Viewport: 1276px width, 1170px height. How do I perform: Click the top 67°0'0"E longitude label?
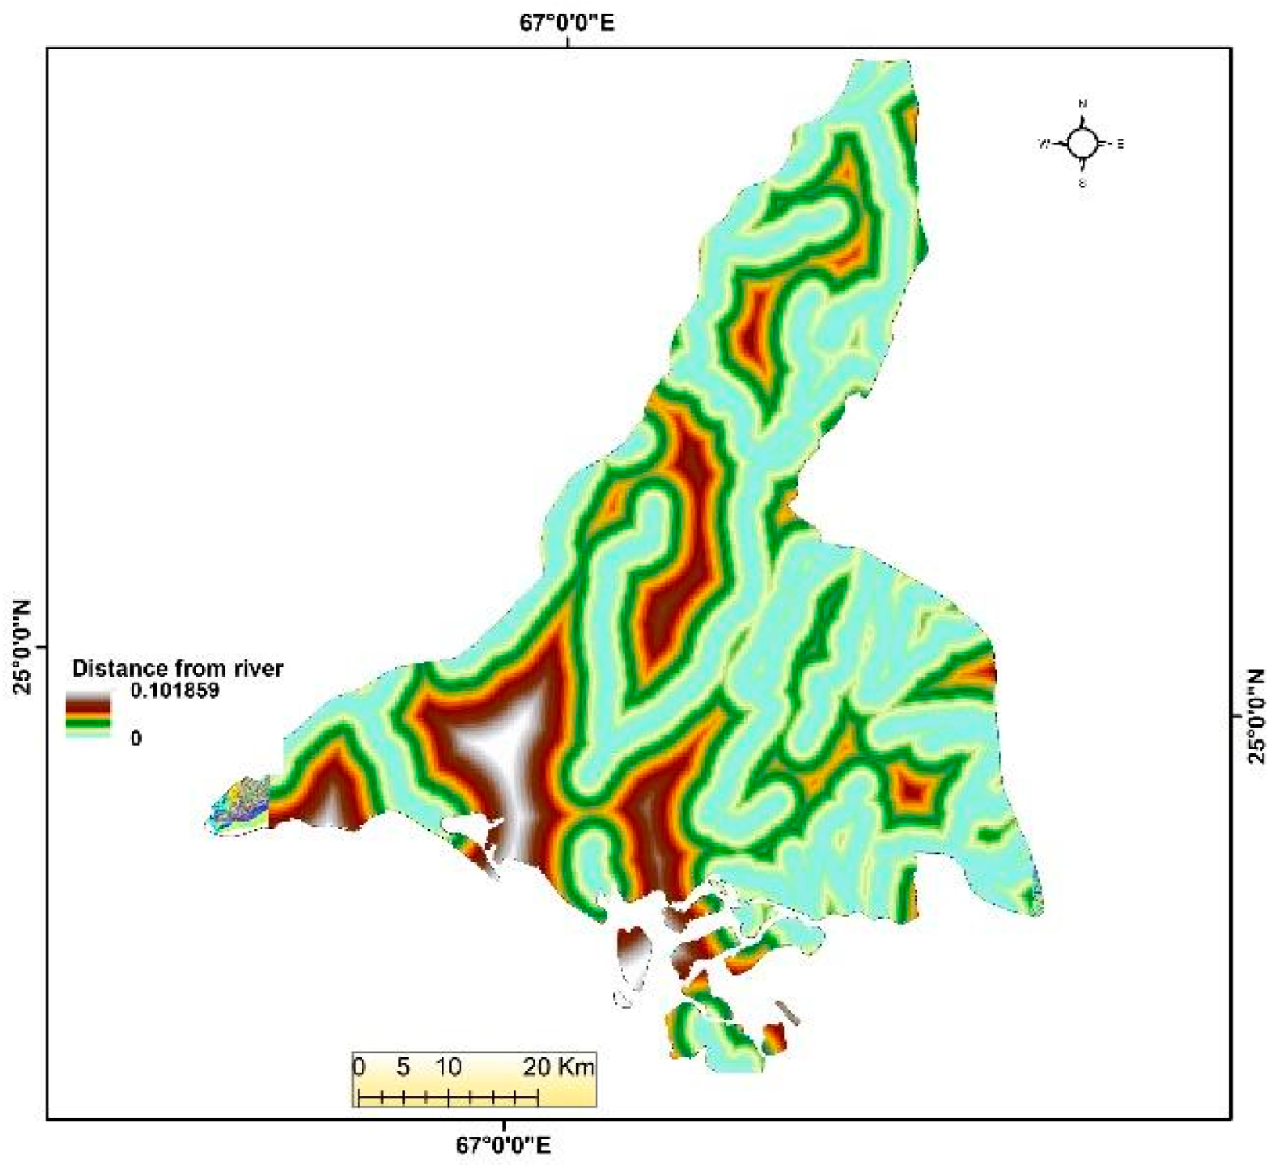[567, 22]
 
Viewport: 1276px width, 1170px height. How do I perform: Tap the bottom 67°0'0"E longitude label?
[503, 1146]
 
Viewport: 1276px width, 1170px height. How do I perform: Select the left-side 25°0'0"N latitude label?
[21, 647]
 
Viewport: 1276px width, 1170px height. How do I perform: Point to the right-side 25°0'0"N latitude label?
[1256, 716]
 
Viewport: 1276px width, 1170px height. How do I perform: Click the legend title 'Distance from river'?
[177, 668]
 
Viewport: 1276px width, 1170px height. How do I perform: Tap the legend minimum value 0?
[136, 738]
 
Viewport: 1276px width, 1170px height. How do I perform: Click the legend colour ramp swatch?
[88, 717]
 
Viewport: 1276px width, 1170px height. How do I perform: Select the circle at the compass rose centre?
[1082, 143]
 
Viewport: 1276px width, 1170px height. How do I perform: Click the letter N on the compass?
[1083, 104]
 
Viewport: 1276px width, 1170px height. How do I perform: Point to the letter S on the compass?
[1083, 183]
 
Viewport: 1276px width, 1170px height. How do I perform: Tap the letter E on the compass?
[1121, 144]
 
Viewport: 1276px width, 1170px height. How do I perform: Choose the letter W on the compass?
[1044, 143]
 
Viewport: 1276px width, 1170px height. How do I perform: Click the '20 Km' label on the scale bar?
[558, 1066]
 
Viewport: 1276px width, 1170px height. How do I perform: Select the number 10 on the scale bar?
[448, 1066]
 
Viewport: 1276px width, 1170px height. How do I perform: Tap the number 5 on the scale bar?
[403, 1066]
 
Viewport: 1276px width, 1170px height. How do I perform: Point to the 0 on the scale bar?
[359, 1066]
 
